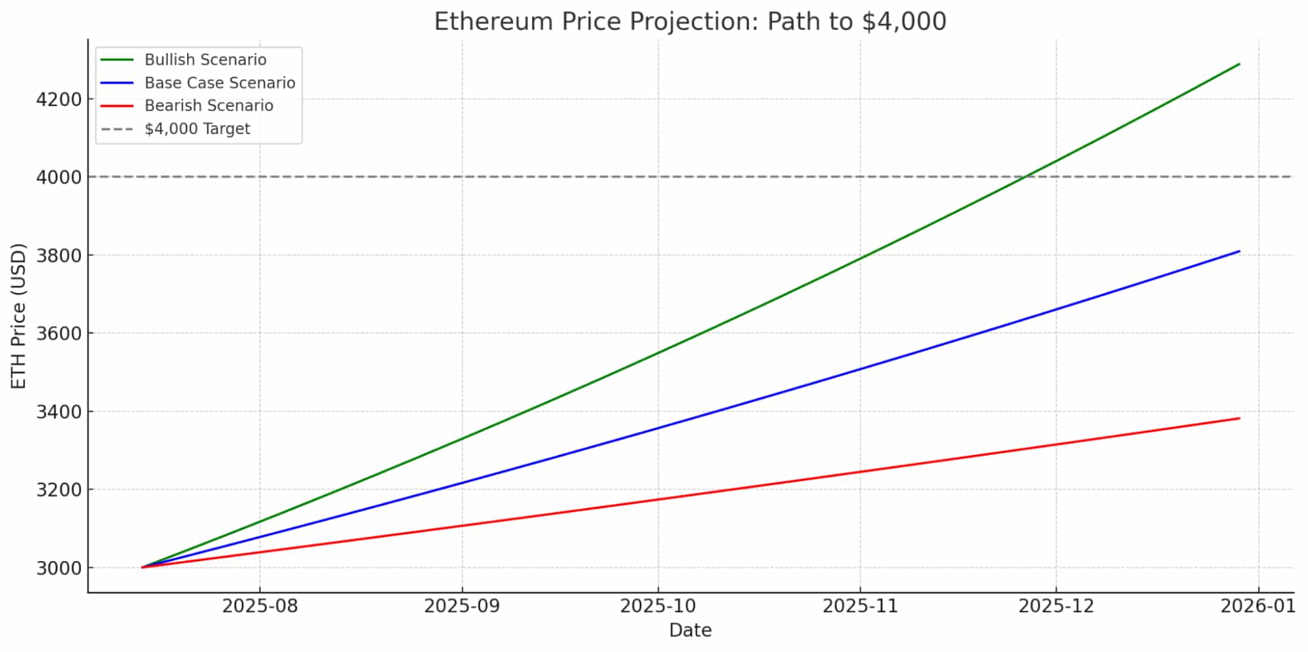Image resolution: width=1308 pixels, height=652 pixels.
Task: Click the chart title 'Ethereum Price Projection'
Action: (690, 22)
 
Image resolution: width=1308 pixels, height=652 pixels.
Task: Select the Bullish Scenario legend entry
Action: (205, 60)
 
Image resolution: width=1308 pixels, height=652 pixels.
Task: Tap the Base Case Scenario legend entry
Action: (219, 82)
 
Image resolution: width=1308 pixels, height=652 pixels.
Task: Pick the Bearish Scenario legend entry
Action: (208, 105)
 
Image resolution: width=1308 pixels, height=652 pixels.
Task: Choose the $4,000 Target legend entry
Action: (197, 128)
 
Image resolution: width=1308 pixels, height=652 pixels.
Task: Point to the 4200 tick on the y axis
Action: (59, 100)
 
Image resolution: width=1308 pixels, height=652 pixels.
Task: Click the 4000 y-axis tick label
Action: (59, 177)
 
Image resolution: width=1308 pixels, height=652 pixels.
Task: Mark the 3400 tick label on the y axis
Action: (59, 412)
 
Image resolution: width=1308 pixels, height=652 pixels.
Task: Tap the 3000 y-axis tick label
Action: (59, 568)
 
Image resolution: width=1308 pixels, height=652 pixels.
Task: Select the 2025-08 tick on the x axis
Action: (260, 606)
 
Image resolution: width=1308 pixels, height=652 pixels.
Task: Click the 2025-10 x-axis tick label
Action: (658, 606)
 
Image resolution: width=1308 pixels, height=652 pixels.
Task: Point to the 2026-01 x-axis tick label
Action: (1258, 606)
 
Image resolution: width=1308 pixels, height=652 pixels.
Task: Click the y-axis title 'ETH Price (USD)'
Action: (19, 316)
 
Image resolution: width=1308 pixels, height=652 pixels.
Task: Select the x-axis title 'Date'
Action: (690, 630)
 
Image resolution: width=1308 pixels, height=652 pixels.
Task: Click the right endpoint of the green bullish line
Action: (1239, 64)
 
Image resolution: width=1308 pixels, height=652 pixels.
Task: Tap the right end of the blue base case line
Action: (1239, 251)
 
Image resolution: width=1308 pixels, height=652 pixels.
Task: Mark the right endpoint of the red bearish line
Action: (1239, 418)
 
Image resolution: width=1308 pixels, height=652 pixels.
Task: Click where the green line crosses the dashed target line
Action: (1025, 177)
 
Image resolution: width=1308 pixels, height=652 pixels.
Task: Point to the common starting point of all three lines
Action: (142, 567)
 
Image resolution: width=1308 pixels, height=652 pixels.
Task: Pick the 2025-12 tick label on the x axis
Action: (1056, 606)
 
